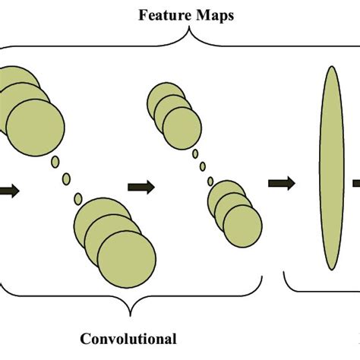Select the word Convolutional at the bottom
point(129,339)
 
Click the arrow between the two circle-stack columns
point(141,186)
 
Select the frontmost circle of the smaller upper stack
point(182,126)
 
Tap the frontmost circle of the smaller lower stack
point(242,223)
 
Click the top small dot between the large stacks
point(55,162)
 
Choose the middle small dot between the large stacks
point(66,179)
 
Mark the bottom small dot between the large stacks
point(78,199)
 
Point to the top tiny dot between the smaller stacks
point(195,154)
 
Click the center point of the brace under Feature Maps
point(189,32)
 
